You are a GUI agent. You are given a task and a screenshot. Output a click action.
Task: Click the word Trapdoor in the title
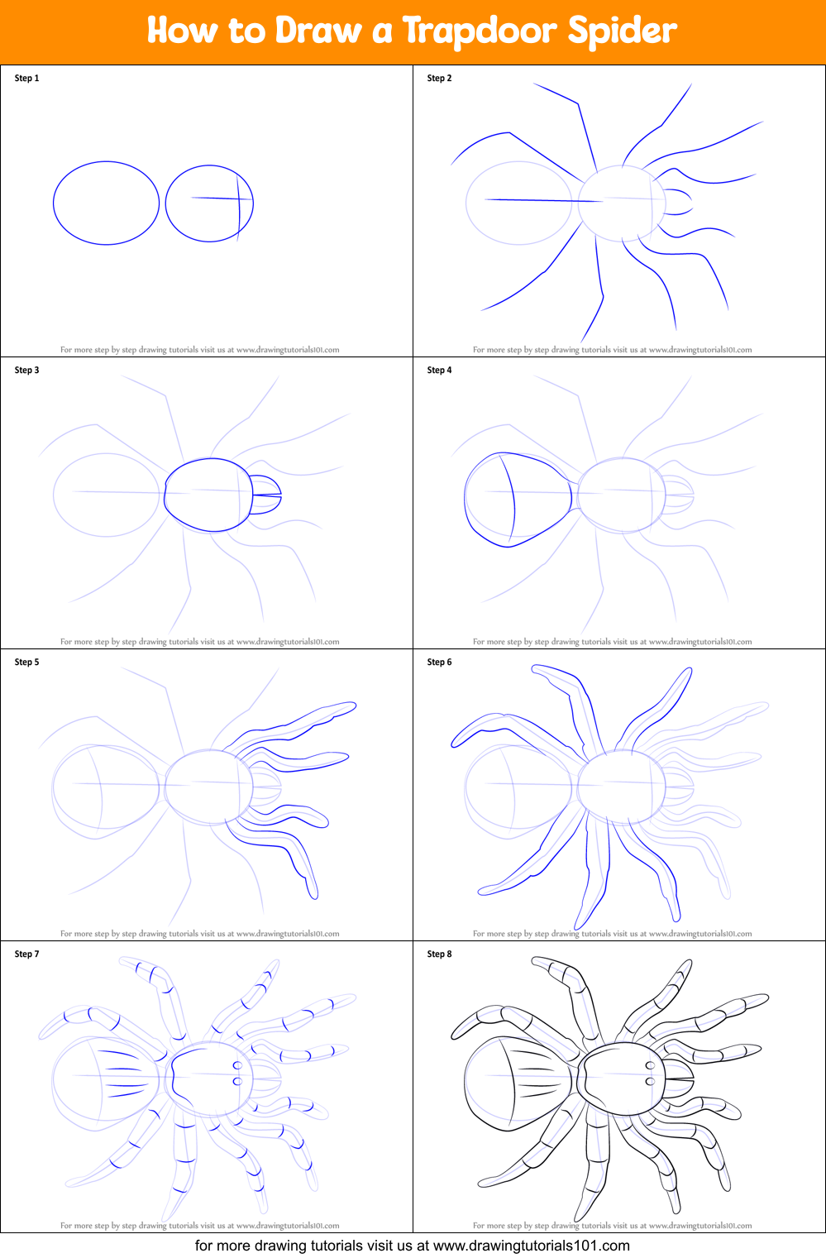(x=479, y=31)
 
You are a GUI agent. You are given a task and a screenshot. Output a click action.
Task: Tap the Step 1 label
(x=26, y=79)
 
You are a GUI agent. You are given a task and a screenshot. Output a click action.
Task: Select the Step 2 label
(x=439, y=79)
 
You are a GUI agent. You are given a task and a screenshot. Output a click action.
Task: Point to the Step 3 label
(x=26, y=371)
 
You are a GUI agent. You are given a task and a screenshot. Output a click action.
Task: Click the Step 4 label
(x=439, y=371)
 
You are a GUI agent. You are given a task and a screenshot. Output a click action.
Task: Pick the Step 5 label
(x=26, y=662)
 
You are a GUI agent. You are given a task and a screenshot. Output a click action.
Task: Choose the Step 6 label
(x=439, y=662)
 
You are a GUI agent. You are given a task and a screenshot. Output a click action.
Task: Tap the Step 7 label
(x=26, y=954)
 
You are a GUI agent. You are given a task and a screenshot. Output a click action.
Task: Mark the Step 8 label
(x=439, y=954)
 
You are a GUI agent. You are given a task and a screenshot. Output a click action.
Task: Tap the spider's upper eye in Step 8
(x=650, y=1066)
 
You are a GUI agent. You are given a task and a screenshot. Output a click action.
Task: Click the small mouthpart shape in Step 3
(x=266, y=495)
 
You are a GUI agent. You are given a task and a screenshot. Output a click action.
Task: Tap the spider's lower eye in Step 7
(x=237, y=1081)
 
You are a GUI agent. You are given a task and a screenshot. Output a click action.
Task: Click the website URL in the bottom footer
(x=531, y=1246)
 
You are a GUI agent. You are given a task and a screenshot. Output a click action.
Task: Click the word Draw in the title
(x=318, y=31)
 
